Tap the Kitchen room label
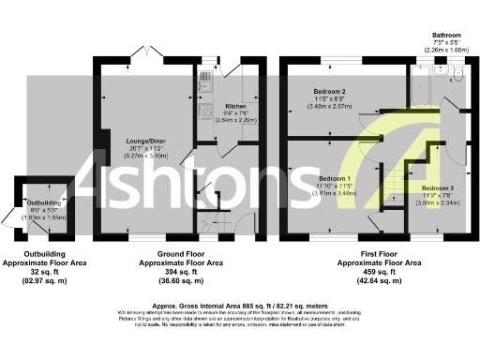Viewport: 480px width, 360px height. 234,107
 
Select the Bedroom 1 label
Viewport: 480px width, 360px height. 335,178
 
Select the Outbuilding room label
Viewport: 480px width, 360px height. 43,202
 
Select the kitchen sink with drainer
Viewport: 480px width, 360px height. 205,87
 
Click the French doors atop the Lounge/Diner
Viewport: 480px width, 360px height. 137,58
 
